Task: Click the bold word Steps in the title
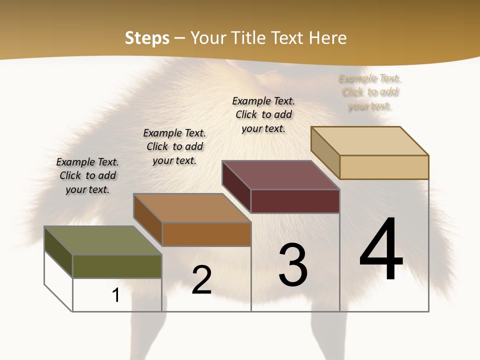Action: pyautogui.click(x=147, y=38)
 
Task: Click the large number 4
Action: pyautogui.click(x=381, y=249)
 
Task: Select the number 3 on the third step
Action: pyautogui.click(x=293, y=265)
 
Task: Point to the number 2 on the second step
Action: pyautogui.click(x=201, y=280)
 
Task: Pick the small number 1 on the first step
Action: pyautogui.click(x=116, y=295)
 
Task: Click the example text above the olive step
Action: pyautogui.click(x=88, y=175)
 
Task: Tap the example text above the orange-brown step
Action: pyautogui.click(x=174, y=146)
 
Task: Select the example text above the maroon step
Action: pyautogui.click(x=263, y=114)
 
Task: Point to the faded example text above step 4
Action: pyautogui.click(x=370, y=92)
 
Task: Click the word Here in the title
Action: pyautogui.click(x=328, y=38)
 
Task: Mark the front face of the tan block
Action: pyautogui.click(x=384, y=167)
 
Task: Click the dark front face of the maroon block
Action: pyautogui.click(x=295, y=201)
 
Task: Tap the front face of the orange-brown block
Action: pyautogui.click(x=206, y=234)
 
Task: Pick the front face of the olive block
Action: pyautogui.click(x=117, y=266)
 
